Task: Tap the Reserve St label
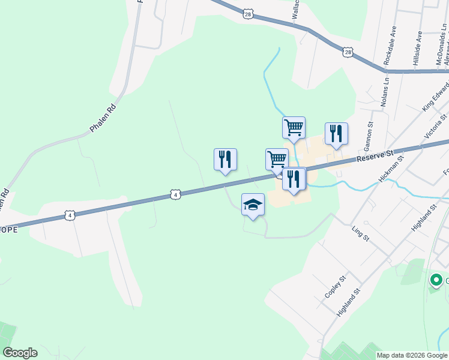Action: [x=375, y=157]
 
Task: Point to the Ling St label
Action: [x=360, y=233]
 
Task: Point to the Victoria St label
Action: [x=435, y=127]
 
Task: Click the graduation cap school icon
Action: [x=253, y=205]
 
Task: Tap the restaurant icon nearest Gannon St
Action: [x=336, y=134]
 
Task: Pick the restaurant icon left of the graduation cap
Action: [x=225, y=160]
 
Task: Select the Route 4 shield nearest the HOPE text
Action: [x=70, y=215]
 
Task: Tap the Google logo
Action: [x=20, y=353]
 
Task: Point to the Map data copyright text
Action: [x=412, y=355]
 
